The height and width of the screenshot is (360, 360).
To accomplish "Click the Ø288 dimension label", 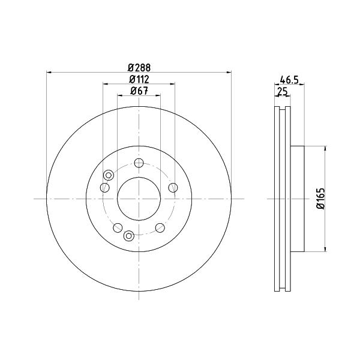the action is tap(139, 68).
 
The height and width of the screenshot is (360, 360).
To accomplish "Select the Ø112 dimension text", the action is tap(139, 79).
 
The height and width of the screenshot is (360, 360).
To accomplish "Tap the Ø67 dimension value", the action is tap(139, 91).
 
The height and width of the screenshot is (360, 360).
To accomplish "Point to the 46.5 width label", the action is tap(289, 80).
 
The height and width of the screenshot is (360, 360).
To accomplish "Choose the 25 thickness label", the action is tap(283, 92).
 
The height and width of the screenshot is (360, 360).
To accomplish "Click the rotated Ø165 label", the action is tap(321, 199).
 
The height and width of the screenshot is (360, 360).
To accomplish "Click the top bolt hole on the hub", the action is tap(139, 163).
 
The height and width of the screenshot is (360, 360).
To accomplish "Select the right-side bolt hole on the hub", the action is tap(173, 188).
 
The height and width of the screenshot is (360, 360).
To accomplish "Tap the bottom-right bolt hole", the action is tap(160, 227).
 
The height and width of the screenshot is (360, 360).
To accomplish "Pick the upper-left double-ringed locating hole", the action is tap(109, 175).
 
